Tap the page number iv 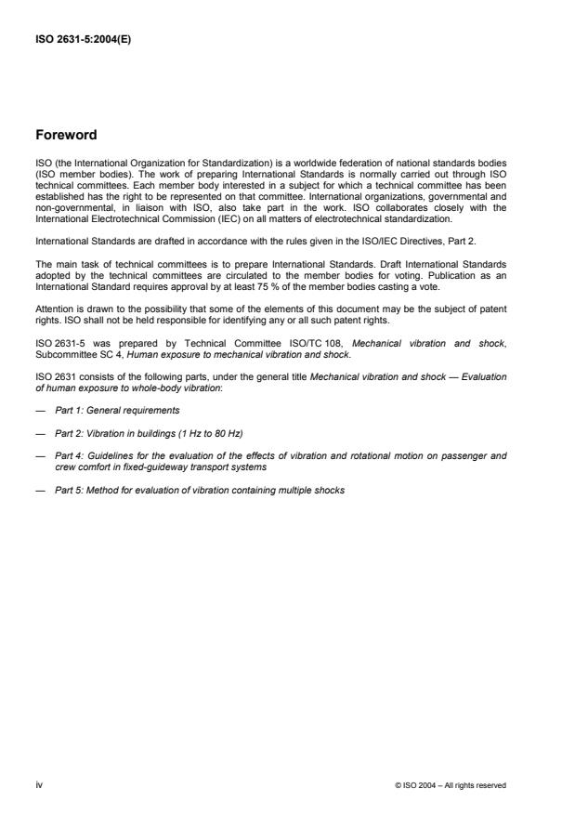[x=40, y=785]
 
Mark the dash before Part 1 [x=40, y=410]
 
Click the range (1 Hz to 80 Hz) [x=206, y=433]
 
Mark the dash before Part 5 [x=40, y=490]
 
